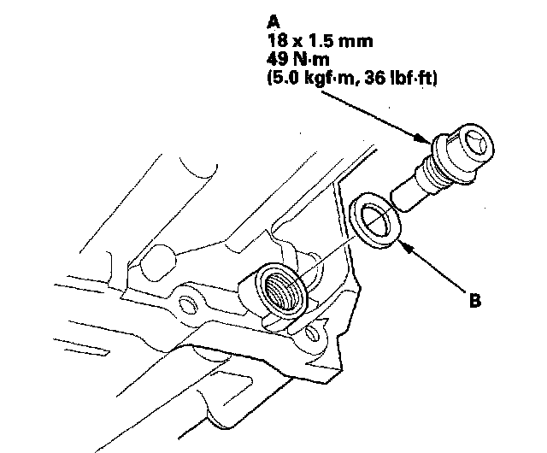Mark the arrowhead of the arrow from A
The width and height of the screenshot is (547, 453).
[x=422, y=138]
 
